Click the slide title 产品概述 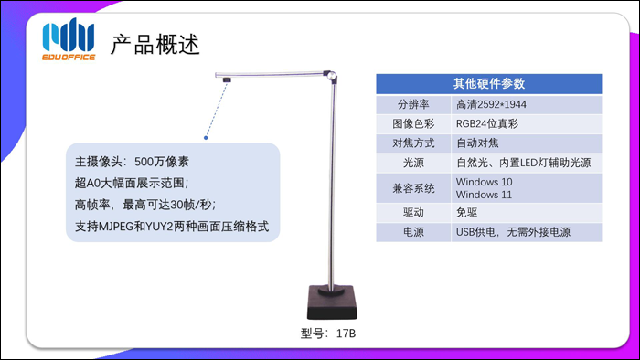(x=155, y=43)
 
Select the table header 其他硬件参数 (x=488, y=83)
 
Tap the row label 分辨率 (x=412, y=103)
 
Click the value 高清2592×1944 (x=491, y=103)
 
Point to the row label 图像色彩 (x=412, y=123)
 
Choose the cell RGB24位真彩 (x=486, y=123)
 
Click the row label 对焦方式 (x=412, y=143)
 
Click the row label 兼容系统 (x=412, y=188)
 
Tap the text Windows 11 (x=482, y=195)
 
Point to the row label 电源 (x=412, y=232)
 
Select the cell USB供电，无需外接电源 (x=513, y=232)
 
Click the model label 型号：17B (x=327, y=334)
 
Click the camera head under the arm (x=225, y=80)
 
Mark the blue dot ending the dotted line (x=206, y=138)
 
